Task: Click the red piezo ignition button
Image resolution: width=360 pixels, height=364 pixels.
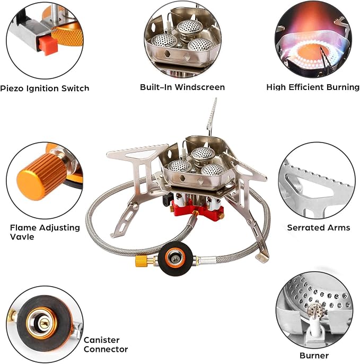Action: [x=48, y=46]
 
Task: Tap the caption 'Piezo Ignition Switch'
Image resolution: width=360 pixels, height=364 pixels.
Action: [x=45, y=88]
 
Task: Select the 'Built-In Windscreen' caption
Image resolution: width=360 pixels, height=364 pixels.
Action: [x=182, y=87]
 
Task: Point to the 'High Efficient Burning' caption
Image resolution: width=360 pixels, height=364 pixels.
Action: [x=313, y=87]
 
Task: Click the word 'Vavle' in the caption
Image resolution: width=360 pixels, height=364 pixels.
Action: [x=22, y=237]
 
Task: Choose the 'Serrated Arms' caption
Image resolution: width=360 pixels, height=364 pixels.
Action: [x=319, y=227]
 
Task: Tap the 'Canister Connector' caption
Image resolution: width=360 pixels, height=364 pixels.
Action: [x=106, y=344]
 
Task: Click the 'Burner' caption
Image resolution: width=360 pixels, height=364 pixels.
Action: [x=314, y=356]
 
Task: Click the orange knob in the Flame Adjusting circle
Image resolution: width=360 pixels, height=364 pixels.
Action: [x=41, y=176]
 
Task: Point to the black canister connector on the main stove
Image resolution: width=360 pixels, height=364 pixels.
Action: [x=175, y=259]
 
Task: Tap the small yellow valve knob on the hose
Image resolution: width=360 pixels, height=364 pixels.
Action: [x=141, y=261]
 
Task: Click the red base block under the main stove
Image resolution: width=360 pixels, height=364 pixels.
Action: [x=197, y=208]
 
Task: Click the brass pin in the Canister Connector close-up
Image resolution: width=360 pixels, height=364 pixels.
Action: [x=44, y=323]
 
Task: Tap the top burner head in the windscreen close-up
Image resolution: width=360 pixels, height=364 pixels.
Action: [x=190, y=26]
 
